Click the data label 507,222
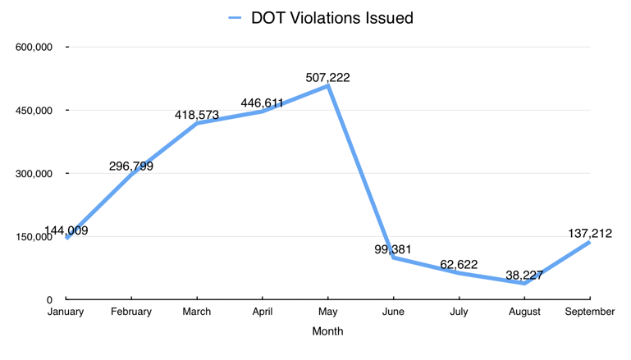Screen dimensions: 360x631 tap(327, 78)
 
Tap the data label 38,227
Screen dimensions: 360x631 tap(524, 276)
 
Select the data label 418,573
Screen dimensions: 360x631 tap(197, 116)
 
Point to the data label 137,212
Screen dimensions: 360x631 tap(590, 234)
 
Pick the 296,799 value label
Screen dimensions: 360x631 tap(131, 166)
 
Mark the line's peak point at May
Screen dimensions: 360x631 tap(328, 85)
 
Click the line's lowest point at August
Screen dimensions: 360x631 tap(524, 284)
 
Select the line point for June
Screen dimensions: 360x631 tap(394, 257)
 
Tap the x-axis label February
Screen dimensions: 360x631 tap(131, 312)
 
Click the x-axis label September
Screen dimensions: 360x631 tap(590, 312)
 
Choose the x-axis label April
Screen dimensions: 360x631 tap(263, 312)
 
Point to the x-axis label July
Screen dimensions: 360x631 tap(460, 312)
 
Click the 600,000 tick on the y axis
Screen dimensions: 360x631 tap(34, 48)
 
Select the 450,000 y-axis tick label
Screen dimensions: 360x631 tap(34, 111)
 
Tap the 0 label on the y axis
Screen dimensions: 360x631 tap(49, 300)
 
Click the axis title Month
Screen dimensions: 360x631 tap(327, 331)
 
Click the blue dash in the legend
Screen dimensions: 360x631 tap(235, 17)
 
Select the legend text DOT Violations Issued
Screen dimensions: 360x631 tap(332, 17)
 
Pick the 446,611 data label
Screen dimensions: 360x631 tap(263, 103)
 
